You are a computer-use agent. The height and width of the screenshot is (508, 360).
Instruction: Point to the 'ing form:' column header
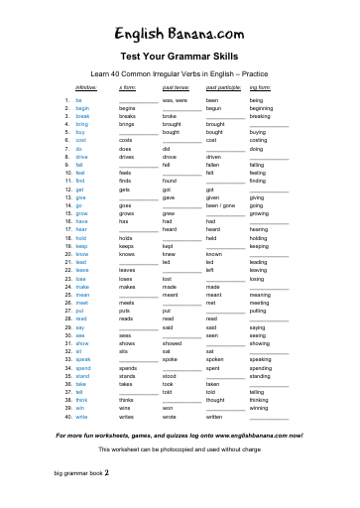click(261, 88)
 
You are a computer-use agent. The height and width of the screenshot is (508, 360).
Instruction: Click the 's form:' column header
click(127, 88)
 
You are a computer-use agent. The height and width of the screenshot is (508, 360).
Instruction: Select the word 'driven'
click(214, 157)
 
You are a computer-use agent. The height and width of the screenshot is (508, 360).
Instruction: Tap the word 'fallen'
click(213, 165)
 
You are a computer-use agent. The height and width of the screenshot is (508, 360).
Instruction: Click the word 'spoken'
click(215, 359)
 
